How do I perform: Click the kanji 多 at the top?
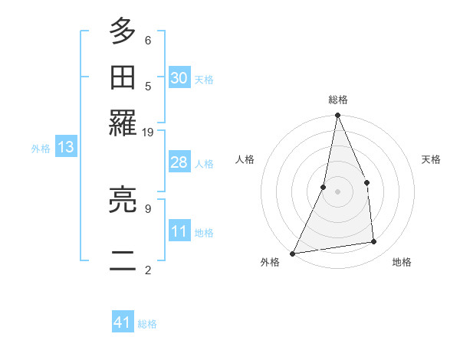(x=123, y=31)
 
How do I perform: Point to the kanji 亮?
(x=123, y=201)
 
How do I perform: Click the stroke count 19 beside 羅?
(x=148, y=132)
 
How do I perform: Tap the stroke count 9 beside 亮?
(x=148, y=208)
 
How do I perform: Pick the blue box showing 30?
(x=179, y=78)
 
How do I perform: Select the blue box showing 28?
(x=179, y=162)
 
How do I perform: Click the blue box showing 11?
(x=179, y=231)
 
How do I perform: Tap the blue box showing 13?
(x=65, y=148)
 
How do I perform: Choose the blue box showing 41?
(x=123, y=323)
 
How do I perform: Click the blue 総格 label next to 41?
(x=148, y=324)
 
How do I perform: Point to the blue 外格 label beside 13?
(x=40, y=149)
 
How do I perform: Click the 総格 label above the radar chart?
(x=338, y=100)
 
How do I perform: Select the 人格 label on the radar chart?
(x=245, y=159)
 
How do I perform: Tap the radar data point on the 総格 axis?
(x=337, y=116)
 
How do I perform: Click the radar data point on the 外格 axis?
(x=293, y=253)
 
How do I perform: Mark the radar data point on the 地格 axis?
(x=374, y=242)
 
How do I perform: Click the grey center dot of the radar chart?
(x=337, y=191)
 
